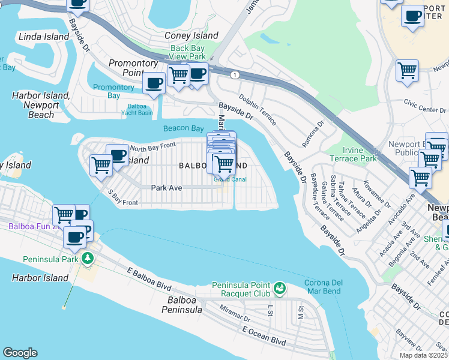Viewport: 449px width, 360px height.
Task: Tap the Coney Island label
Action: pyautogui.click(x=191, y=36)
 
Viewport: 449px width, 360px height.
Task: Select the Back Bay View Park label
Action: pyautogui.click(x=188, y=52)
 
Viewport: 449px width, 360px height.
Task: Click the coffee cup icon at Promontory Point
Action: pyautogui.click(x=154, y=83)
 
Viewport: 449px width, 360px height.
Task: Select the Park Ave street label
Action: pyautogui.click(x=166, y=188)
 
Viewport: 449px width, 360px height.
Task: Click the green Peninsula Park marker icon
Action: pyautogui.click(x=88, y=259)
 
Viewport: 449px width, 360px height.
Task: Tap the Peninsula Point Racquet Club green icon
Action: pyautogui.click(x=279, y=289)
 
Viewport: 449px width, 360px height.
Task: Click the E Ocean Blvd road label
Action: pyautogui.click(x=264, y=335)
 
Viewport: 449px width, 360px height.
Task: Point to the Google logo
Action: pyautogui.click(x=20, y=353)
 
